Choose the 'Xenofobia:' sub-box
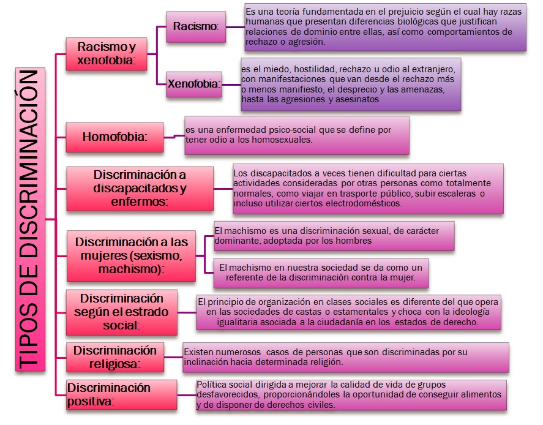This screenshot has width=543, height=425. point(194,84)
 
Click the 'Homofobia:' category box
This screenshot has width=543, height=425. point(114,137)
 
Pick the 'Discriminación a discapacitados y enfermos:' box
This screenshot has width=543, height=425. point(140,187)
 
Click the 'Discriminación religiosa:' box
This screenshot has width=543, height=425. point(114,357)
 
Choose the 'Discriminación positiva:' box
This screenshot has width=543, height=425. point(108,394)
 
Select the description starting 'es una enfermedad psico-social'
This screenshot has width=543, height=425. point(296,134)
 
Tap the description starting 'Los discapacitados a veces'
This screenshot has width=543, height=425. point(367,188)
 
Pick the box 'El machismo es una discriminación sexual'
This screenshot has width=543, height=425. point(334,236)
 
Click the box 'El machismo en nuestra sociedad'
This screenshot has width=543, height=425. point(321,273)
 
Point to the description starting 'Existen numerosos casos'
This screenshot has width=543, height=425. point(345,357)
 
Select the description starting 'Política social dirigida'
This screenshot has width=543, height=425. point(351,394)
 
